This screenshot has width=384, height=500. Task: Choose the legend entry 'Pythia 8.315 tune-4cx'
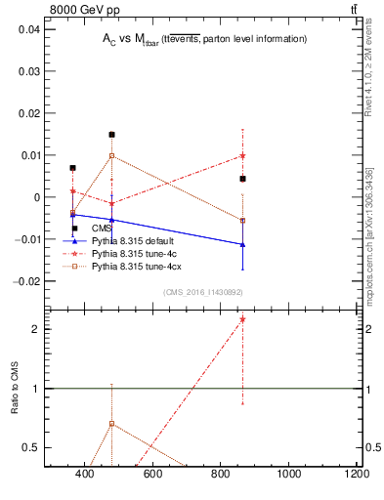pyautogui.click(x=137, y=266)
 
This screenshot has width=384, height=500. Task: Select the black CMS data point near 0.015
pyautogui.click(x=111, y=135)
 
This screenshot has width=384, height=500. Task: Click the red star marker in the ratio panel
pyautogui.click(x=242, y=319)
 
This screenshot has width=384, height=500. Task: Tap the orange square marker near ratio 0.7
pyautogui.click(x=111, y=424)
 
